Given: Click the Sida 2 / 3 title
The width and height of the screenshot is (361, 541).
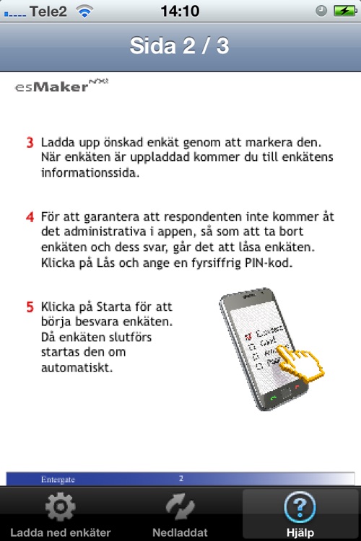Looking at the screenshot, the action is click(180, 45).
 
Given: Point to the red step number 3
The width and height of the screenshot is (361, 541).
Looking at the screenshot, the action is click(30, 142).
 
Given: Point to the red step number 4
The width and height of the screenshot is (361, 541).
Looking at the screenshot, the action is click(30, 216).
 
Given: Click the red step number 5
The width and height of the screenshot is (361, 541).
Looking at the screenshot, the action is click(30, 307).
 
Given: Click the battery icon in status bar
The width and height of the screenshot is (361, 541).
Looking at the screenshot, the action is click(343, 11).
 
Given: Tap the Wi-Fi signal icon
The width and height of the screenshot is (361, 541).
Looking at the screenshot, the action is click(85, 11).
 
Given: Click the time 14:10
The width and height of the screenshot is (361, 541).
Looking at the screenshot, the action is click(180, 11).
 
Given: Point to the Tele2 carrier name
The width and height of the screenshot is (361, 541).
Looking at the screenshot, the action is click(48, 11).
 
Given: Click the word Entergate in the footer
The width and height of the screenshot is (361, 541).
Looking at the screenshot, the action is click(58, 478).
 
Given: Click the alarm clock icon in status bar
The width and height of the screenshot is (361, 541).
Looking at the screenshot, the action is click(322, 11).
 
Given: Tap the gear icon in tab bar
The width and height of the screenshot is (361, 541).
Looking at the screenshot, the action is click(60, 507).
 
